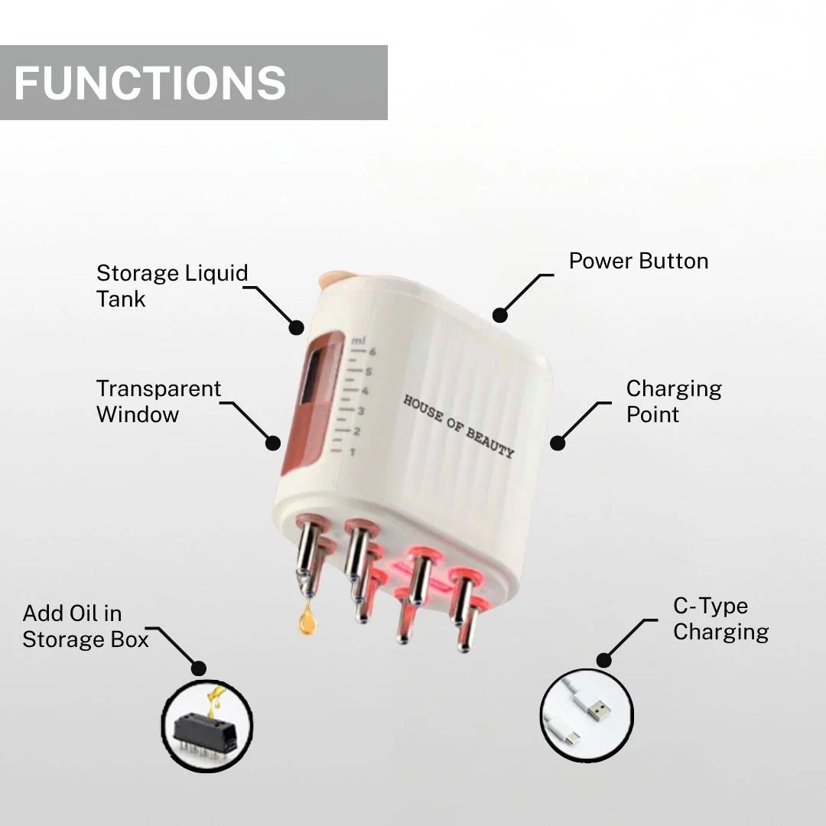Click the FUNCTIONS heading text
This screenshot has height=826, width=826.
(150, 83)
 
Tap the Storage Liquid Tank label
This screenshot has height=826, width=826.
(172, 286)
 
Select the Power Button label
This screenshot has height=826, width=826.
(638, 261)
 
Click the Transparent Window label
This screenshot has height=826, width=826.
(158, 402)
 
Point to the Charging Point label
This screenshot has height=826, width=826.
(673, 402)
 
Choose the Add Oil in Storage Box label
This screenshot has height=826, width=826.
(85, 626)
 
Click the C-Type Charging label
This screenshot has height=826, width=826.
(720, 619)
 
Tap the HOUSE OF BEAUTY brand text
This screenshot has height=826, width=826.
(458, 426)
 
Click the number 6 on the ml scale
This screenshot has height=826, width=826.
(372, 352)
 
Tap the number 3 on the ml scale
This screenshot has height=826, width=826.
(361, 411)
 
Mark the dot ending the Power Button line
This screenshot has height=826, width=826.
(499, 314)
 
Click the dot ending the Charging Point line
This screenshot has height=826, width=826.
(558, 442)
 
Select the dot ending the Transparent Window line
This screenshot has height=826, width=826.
(273, 442)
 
